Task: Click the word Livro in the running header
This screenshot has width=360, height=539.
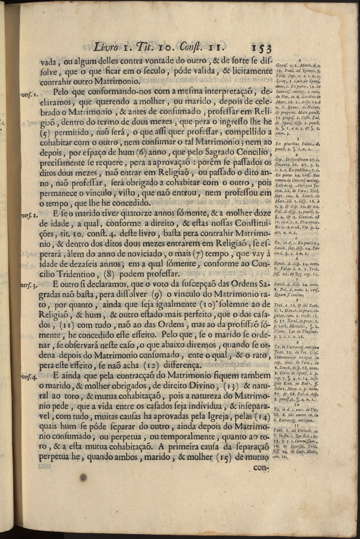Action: click(106, 48)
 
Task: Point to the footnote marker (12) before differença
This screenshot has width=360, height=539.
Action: click(159, 365)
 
